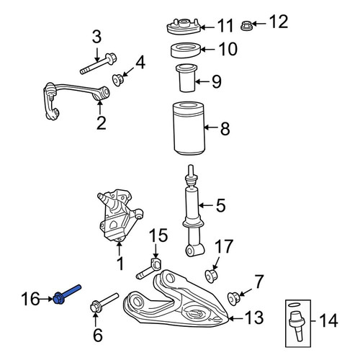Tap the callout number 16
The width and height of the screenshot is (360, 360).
pyautogui.click(x=30, y=299)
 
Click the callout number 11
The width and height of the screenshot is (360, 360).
pyautogui.click(x=225, y=26)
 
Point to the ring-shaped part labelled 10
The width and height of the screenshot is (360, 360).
pyautogui.click(x=186, y=50)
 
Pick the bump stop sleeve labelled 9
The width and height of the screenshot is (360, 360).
pyautogui.click(x=187, y=78)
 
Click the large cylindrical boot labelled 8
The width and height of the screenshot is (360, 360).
pyautogui.click(x=189, y=128)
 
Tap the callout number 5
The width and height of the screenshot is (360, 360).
pyautogui.click(x=221, y=205)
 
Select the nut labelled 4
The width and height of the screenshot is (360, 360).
pyautogui.click(x=118, y=80)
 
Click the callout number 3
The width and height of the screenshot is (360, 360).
pyautogui.click(x=96, y=37)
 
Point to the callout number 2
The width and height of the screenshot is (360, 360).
pyautogui.click(x=101, y=123)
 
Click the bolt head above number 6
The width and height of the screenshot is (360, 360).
pyautogui.click(x=95, y=307)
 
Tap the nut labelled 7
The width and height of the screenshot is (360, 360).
pyautogui.click(x=233, y=299)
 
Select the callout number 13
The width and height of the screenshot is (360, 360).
pyautogui.click(x=254, y=318)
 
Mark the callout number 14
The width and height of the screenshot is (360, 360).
pyautogui.click(x=328, y=321)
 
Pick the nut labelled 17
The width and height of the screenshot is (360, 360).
pyautogui.click(x=211, y=276)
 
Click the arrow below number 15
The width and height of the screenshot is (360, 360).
pyautogui.click(x=156, y=251)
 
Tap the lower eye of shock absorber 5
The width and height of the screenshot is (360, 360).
pyautogui.click(x=195, y=251)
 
